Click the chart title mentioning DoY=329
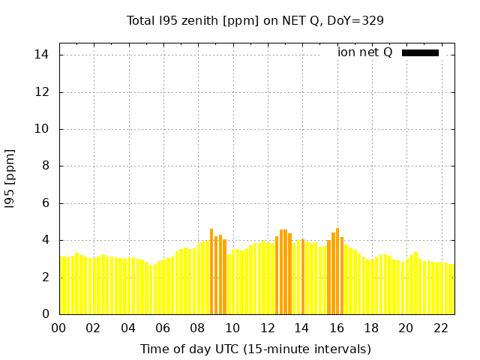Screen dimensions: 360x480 [x=255, y=21]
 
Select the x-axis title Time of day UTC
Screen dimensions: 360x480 [x=255, y=349]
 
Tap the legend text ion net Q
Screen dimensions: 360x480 [x=365, y=52]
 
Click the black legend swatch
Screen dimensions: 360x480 [x=420, y=52]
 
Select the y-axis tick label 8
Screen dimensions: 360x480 [x=46, y=166]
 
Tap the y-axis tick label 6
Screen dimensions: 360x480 [x=46, y=203]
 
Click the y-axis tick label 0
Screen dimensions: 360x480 [x=46, y=314]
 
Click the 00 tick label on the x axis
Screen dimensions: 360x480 [x=58, y=328]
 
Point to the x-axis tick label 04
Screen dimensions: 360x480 [x=128, y=328]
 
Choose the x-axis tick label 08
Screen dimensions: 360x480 [x=198, y=328]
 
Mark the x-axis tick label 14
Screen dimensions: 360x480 [x=301, y=328]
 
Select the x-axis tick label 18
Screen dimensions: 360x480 [x=371, y=328]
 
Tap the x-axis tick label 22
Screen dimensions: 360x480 [x=441, y=328]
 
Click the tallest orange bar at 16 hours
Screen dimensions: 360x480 [x=337, y=271]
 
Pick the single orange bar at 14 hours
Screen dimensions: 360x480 [x=303, y=277]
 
